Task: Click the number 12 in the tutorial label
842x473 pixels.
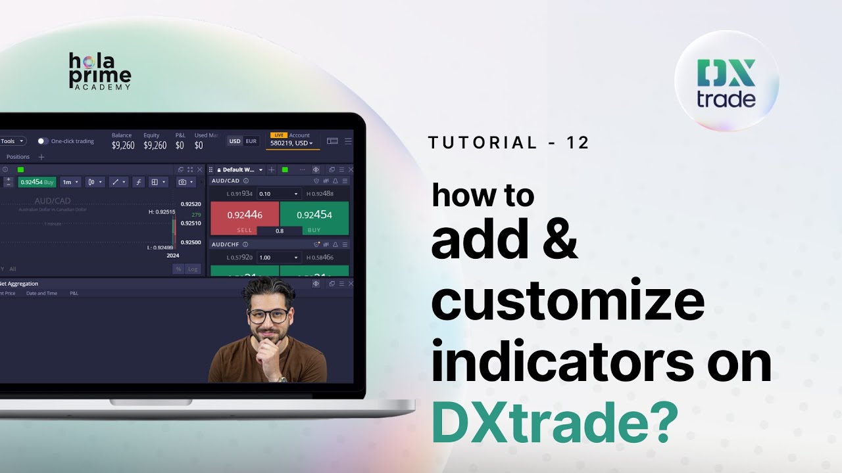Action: [578, 143]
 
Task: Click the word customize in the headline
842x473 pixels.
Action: [568, 301]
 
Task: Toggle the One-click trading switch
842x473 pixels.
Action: [43, 141]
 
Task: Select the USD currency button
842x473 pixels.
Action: [235, 141]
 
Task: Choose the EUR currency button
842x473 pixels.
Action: [251, 141]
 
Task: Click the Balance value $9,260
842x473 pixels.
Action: [123, 146]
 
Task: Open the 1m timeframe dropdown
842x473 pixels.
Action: [70, 182]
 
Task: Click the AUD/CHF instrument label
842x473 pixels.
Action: [225, 244]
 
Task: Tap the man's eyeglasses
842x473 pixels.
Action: [269, 316]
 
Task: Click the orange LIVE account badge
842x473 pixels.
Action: [278, 135]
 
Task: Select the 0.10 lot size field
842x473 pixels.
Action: [278, 194]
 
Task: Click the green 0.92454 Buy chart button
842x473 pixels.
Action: [37, 182]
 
